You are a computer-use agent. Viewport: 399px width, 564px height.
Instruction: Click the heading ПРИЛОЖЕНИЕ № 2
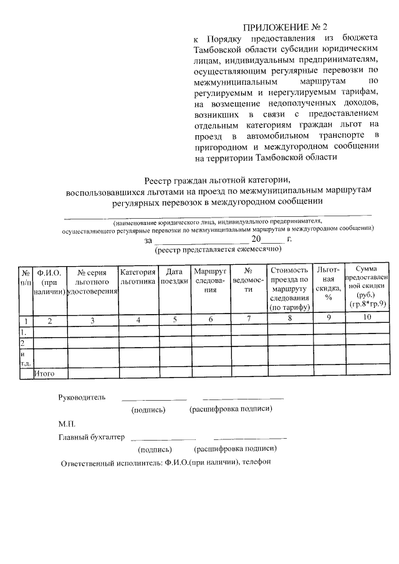coord(285,27)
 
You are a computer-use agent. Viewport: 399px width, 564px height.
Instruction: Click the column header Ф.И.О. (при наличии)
coord(49,282)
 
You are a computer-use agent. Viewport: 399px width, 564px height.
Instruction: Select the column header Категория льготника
coord(137,277)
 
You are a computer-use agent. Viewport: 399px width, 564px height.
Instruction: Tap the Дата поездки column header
coord(174,276)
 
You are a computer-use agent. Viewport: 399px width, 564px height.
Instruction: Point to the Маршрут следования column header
coord(210,280)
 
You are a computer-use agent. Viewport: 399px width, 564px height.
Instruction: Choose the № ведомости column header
coord(248,280)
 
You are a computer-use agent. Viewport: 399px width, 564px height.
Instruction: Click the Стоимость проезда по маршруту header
coord(289,288)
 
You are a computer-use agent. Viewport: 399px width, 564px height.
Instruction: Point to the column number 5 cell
coord(175,320)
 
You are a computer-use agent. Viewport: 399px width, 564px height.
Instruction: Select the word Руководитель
coord(82,397)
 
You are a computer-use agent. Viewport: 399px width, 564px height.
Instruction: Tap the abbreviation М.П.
coord(67,424)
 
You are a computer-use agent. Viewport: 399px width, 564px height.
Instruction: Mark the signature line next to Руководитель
coord(153,399)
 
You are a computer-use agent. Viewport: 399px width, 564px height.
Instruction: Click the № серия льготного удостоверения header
coord(92,282)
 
